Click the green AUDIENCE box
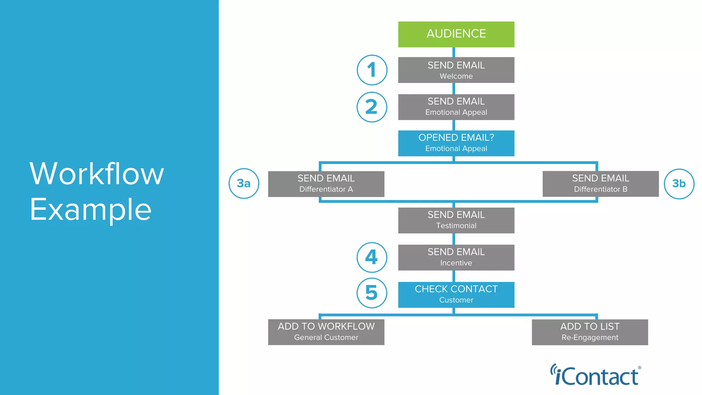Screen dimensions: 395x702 tap(456, 34)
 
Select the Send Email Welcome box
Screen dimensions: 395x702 tap(456, 70)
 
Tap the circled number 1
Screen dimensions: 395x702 tap(372, 70)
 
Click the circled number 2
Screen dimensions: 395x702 tap(372, 107)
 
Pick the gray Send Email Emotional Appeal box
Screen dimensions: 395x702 tap(456, 107)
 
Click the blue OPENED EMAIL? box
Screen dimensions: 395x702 tap(456, 143)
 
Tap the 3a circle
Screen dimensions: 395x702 tap(244, 183)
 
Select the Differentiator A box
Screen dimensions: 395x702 tap(326, 184)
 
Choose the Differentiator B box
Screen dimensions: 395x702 tap(601, 184)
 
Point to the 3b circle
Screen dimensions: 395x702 tap(679, 184)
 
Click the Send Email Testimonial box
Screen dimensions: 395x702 tap(456, 220)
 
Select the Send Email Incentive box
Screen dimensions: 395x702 tap(456, 257)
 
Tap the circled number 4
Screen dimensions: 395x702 tap(372, 257)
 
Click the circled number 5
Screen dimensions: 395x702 tap(372, 293)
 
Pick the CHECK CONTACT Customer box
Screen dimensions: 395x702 tap(456, 295)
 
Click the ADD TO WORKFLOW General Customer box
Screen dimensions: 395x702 tap(326, 332)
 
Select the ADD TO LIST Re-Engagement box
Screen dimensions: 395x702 tap(590, 332)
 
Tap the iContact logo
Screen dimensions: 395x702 tap(596, 375)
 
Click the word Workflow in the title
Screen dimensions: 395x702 tap(97, 174)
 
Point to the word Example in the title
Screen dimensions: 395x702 tap(90, 210)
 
